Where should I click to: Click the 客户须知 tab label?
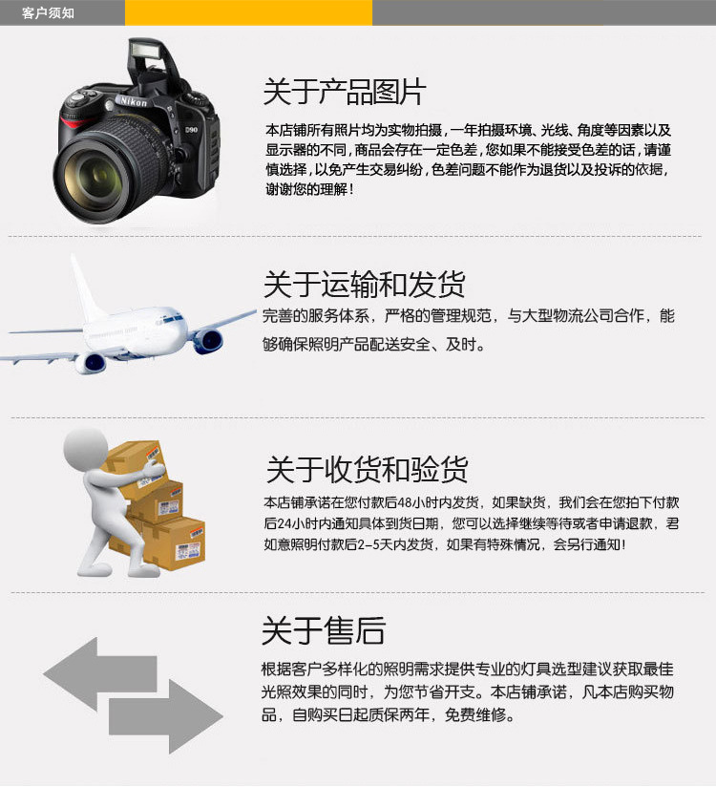pos(48,12)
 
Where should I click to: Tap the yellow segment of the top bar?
pos(248,12)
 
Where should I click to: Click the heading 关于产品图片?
pos(345,92)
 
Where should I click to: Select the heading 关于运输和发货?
pos(365,284)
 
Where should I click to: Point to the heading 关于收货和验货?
pos(367,469)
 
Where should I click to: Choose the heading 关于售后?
pos(324,630)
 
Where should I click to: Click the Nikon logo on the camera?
pos(134,101)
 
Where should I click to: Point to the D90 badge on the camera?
pos(191,130)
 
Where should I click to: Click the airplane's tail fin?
pos(85,288)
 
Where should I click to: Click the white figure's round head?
pos(86,449)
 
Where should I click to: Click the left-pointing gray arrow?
pos(100,674)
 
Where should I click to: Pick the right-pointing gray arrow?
pos(166,716)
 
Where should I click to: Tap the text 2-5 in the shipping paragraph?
pos(369,544)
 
